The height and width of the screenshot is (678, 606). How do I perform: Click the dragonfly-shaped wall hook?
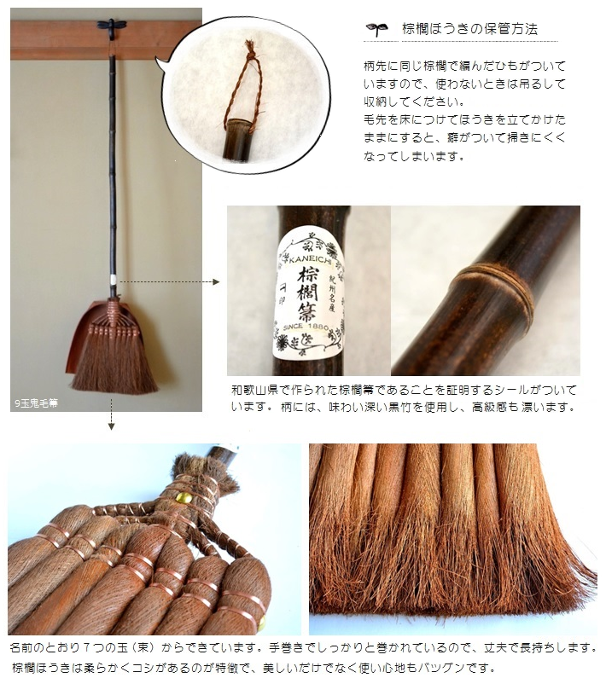coord(112,25)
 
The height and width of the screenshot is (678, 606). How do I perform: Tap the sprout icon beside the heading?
coord(377,29)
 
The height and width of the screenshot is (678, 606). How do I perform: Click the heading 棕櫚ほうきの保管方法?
coord(469,29)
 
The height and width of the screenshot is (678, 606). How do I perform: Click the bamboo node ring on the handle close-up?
coord(494,287)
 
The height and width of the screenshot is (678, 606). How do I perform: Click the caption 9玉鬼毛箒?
coord(37,403)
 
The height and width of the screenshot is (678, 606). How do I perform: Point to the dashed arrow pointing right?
coord(170,282)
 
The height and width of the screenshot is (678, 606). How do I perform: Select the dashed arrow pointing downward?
coord(112,414)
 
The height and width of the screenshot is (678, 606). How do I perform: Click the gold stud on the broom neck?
coord(184,498)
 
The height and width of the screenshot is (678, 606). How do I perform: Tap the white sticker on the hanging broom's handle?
coord(114,280)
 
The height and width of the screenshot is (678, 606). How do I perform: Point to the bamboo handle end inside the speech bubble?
coord(237,140)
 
